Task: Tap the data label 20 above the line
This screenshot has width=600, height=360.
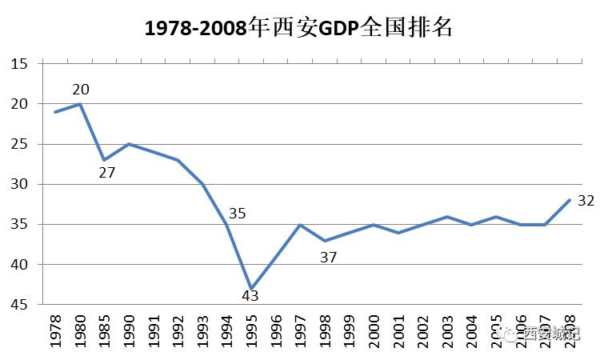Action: click(81, 90)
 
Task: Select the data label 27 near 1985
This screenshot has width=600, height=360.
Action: click(108, 172)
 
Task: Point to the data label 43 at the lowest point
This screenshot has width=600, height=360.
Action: click(250, 296)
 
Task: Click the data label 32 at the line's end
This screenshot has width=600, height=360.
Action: click(586, 200)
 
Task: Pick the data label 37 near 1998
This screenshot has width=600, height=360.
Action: click(328, 257)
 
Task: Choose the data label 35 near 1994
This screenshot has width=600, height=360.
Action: click(237, 214)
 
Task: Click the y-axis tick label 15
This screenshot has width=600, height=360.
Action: click(21, 64)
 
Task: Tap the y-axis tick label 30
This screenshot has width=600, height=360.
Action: click(21, 184)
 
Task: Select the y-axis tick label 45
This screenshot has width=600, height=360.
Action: click(21, 305)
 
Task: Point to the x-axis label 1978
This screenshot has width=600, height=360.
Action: click(55, 330)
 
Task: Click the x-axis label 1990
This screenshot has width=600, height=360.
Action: click(129, 330)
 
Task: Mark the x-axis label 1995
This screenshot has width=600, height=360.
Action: click(251, 330)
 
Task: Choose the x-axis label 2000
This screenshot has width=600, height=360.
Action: click(374, 330)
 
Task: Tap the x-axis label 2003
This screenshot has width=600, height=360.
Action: click(447, 330)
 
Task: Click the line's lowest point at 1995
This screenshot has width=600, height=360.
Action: click(251, 288)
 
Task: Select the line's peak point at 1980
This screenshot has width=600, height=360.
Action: click(80, 104)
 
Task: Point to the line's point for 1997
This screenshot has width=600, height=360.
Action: click(300, 225)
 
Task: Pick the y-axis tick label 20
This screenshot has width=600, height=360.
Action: click(21, 104)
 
